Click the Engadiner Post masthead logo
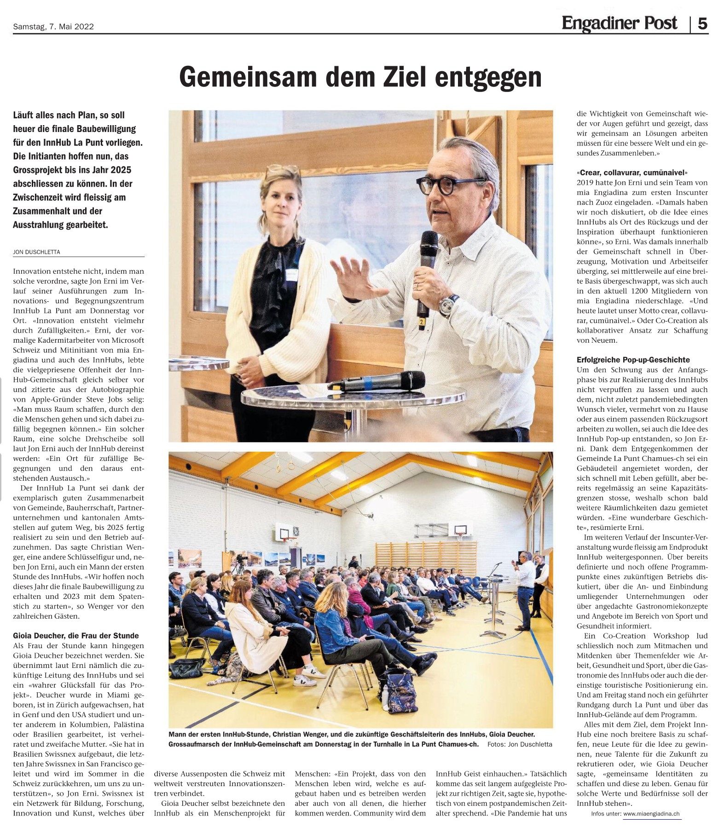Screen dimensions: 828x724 click(619, 23)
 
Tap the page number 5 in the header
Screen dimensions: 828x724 click(702, 23)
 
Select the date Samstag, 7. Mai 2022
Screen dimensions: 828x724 click(53, 27)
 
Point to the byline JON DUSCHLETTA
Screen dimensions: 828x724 click(37, 252)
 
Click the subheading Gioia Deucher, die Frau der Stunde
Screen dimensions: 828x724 click(76, 636)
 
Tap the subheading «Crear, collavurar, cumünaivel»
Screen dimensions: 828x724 click(632, 172)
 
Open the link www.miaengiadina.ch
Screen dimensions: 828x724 click(651, 814)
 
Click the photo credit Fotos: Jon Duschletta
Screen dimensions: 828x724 click(520, 744)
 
